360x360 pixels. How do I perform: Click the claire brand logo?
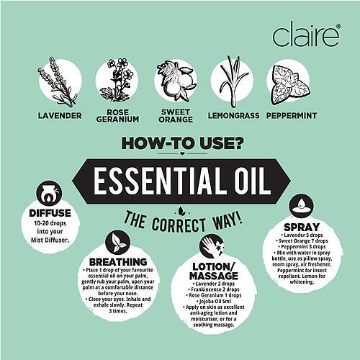pos(306,35)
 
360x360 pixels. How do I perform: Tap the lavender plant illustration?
pos(58,82)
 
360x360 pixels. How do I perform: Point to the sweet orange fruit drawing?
pos(176,81)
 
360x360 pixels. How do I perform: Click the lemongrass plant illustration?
pos(233,81)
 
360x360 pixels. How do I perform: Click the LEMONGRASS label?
pos(233,116)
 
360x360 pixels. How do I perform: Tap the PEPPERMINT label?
pos(292,116)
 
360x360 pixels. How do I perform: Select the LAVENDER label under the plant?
pos(60,116)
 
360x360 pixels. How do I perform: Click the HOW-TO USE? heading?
pos(181,143)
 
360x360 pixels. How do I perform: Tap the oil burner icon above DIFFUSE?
pos(49,194)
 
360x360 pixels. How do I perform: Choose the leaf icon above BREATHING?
pos(117,244)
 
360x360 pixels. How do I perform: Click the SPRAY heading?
pos(302,227)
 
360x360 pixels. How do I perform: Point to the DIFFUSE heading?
pos(50,213)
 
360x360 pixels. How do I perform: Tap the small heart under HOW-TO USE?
pos(182,153)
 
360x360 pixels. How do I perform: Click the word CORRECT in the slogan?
pos(179,225)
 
